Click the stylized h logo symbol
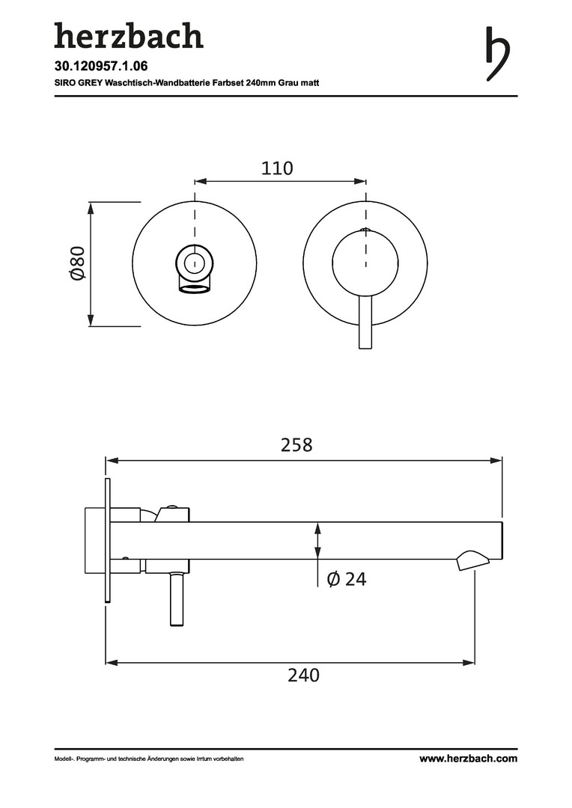[497, 54]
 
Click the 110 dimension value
[277, 168]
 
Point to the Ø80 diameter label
[77, 263]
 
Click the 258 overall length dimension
[296, 444]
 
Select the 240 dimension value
[304, 675]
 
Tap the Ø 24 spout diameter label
[347, 579]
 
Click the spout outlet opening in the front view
[195, 289]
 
